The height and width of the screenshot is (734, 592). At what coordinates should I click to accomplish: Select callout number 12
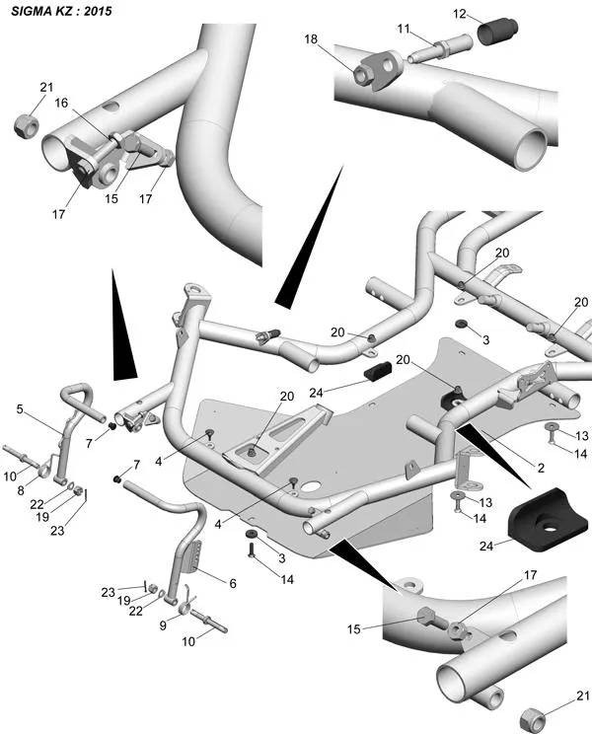pos(461,13)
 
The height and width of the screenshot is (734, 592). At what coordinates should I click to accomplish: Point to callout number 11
pos(404,31)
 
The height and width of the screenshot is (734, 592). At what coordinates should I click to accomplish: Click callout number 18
pos(312,39)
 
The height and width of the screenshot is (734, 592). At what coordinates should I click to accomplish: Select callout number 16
pos(60,102)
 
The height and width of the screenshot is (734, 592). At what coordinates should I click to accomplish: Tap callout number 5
pos(19,408)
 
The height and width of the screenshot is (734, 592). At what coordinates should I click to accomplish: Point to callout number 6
pos(232,583)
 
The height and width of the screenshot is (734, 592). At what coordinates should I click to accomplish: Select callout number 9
pos(163,624)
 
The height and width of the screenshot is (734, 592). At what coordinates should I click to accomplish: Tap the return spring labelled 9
pos(185,619)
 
